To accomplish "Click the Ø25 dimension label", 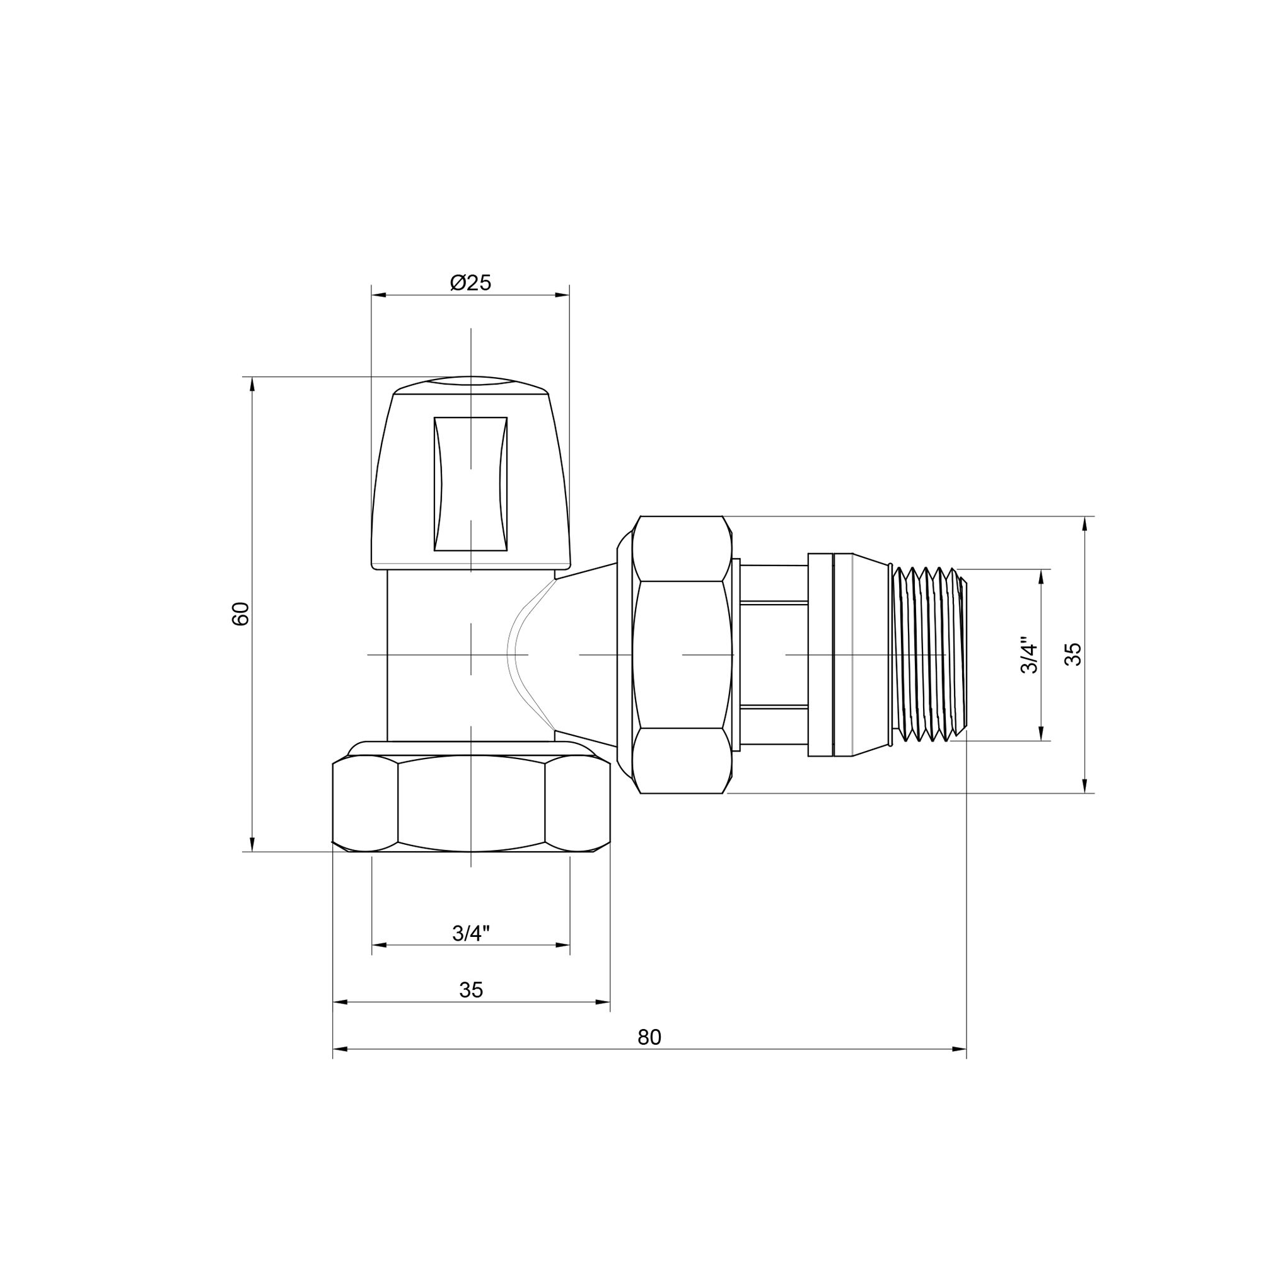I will [x=470, y=282].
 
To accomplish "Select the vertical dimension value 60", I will [x=241, y=613].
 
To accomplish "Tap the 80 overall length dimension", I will [x=649, y=1037].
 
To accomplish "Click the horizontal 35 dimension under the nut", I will [x=470, y=990].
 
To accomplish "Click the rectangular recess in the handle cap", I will [x=470, y=484].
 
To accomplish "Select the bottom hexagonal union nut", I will [x=470, y=804].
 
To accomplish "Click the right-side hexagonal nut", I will [x=682, y=654].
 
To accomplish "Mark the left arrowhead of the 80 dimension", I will [x=340, y=1050].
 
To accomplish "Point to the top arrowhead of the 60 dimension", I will [x=252, y=385].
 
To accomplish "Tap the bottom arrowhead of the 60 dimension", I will [x=252, y=845].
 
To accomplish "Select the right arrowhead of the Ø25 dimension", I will [x=562, y=295].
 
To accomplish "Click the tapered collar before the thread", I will [x=871, y=654].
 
